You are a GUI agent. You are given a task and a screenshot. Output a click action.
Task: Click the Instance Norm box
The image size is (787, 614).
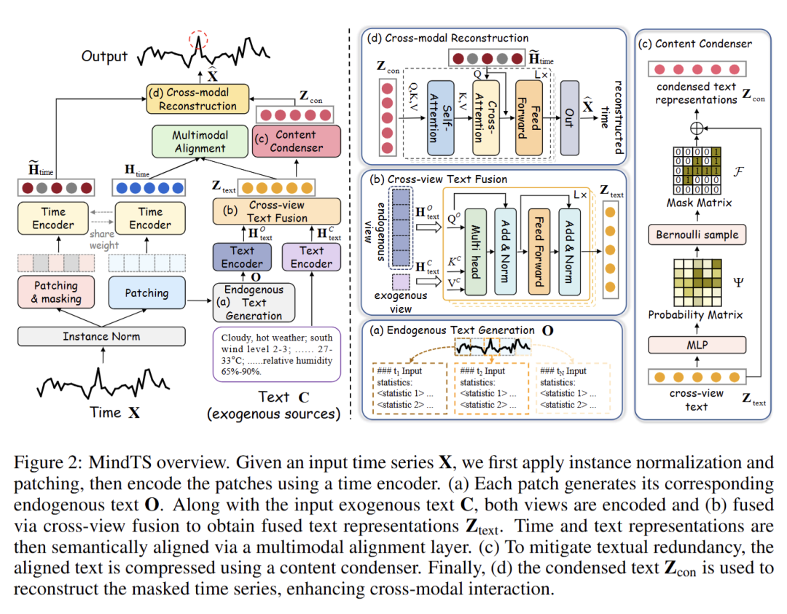tap(101, 336)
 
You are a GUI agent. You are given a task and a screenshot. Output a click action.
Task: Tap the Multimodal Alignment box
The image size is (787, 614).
tap(200, 141)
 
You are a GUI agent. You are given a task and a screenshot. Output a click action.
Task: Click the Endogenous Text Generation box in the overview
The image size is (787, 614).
tap(254, 302)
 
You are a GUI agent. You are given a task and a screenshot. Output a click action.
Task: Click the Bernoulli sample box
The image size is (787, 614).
tap(697, 235)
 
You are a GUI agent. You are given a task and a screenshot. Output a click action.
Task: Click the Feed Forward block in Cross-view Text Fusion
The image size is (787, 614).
tap(539, 252)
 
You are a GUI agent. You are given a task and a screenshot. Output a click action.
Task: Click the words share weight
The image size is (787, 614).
tap(104, 240)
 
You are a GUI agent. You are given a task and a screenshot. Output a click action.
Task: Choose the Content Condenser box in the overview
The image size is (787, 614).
tap(296, 141)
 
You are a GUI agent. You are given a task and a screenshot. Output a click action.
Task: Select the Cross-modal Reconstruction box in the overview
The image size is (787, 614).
tap(197, 99)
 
